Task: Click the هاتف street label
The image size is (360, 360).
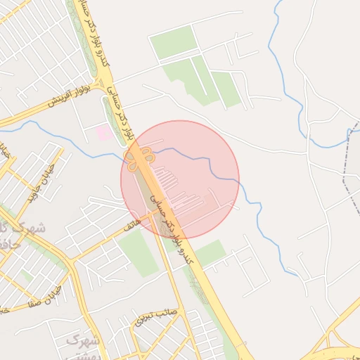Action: [131, 225]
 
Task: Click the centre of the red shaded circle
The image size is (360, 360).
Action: [180, 180]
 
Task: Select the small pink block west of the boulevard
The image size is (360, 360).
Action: [103, 131]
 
